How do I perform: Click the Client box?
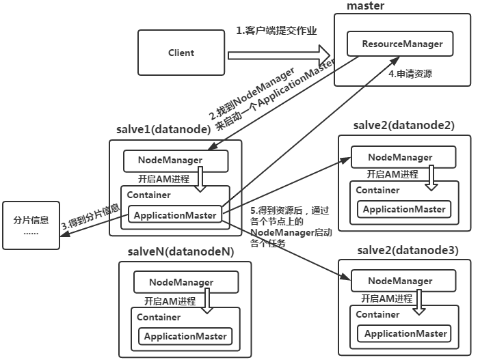pyautogui.click(x=181, y=53)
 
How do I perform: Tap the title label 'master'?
pyautogui.click(x=365, y=6)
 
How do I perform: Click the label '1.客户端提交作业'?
pyautogui.click(x=276, y=31)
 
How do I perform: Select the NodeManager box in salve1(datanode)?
pyautogui.click(x=174, y=160)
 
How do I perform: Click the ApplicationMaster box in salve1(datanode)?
pyautogui.click(x=175, y=215)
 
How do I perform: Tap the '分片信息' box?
pyautogui.click(x=31, y=225)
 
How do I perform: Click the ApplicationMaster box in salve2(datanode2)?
pyautogui.click(x=403, y=209)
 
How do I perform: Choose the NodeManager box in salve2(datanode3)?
pyautogui.click(x=400, y=281)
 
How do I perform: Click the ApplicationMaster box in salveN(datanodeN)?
pyautogui.click(x=185, y=336)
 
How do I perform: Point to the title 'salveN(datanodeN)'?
pyautogui.click(x=181, y=251)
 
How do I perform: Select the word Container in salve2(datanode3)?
pyautogui.click(x=377, y=314)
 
